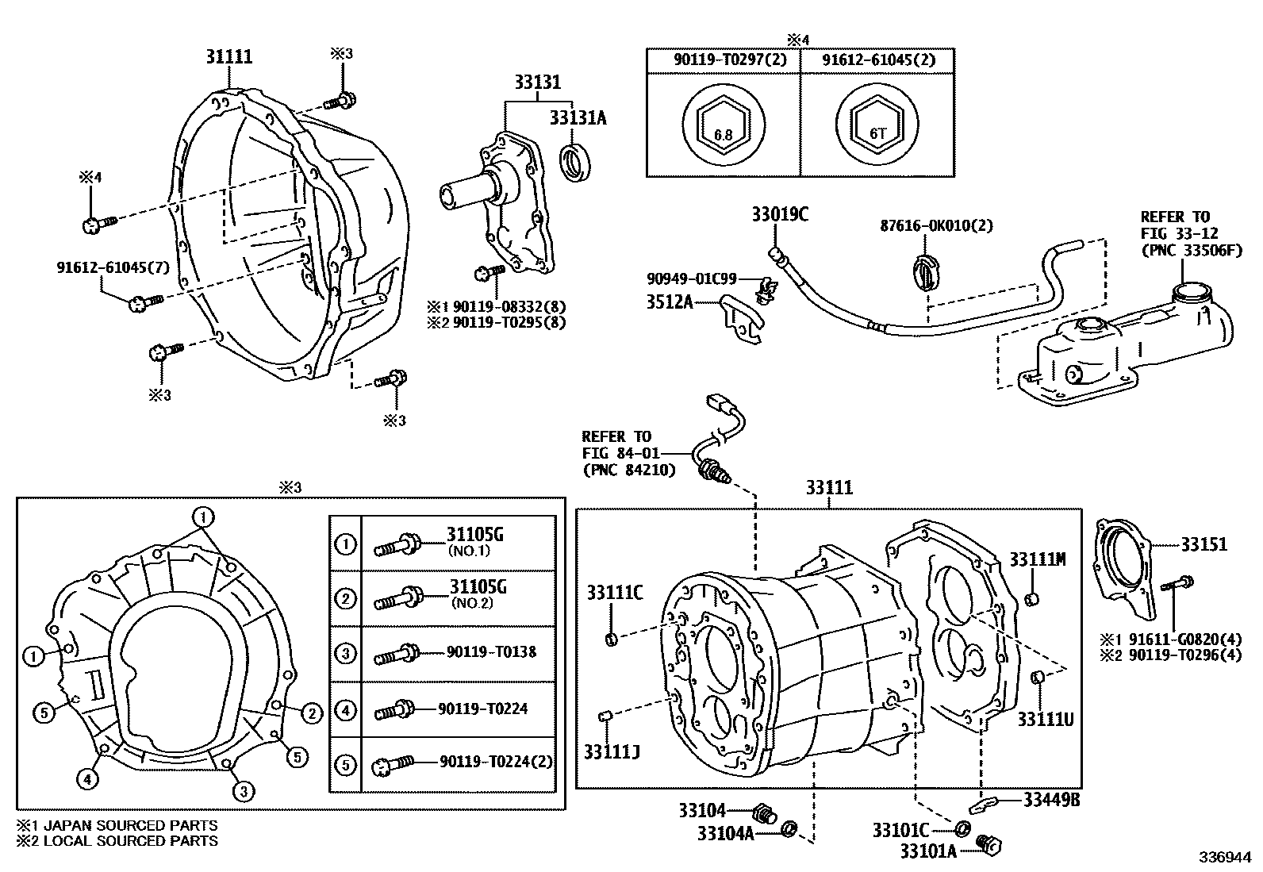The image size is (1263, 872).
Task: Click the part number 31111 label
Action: (x=228, y=56)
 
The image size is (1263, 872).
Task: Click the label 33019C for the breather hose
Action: (x=780, y=214)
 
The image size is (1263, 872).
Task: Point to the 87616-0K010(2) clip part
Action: (x=927, y=270)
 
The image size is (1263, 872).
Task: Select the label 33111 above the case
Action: (x=829, y=487)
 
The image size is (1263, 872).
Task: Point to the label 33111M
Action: (x=1037, y=559)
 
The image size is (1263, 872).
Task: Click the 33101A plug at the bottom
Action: (x=988, y=845)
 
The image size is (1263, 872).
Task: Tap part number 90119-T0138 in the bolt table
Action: (x=491, y=652)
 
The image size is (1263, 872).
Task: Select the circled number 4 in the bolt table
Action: (x=346, y=709)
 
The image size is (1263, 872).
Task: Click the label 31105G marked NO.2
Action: (x=478, y=587)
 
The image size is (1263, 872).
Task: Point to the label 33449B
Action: (x=1050, y=800)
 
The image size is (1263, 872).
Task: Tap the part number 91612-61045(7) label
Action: (x=113, y=267)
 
